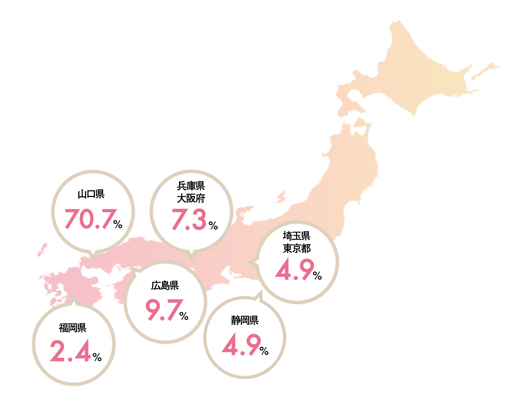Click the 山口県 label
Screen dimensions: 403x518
pyautogui.click(x=91, y=194)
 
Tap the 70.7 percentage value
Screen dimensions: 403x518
pyautogui.click(x=91, y=219)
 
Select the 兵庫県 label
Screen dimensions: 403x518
pyautogui.click(x=191, y=185)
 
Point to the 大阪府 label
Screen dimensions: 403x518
pyautogui.click(x=191, y=198)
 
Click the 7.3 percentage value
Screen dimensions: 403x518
pyautogui.click(x=189, y=219)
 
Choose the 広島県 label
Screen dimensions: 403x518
pyautogui.click(x=165, y=285)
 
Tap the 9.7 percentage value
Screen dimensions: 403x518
pyautogui.click(x=164, y=309)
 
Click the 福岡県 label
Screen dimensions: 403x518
pyautogui.click(x=73, y=328)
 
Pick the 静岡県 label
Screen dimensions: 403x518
pyautogui.click(x=245, y=320)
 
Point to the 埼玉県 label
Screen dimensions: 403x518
pyautogui.click(x=296, y=235)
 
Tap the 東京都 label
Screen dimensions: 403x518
pyautogui.click(x=296, y=248)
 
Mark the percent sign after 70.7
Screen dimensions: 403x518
pyautogui.click(x=118, y=224)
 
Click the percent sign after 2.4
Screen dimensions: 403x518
pyautogui.click(x=97, y=357)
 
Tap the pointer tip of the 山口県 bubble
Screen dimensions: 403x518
pyautogui.click(x=93, y=259)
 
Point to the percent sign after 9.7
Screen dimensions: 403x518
pyautogui.click(x=184, y=316)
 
